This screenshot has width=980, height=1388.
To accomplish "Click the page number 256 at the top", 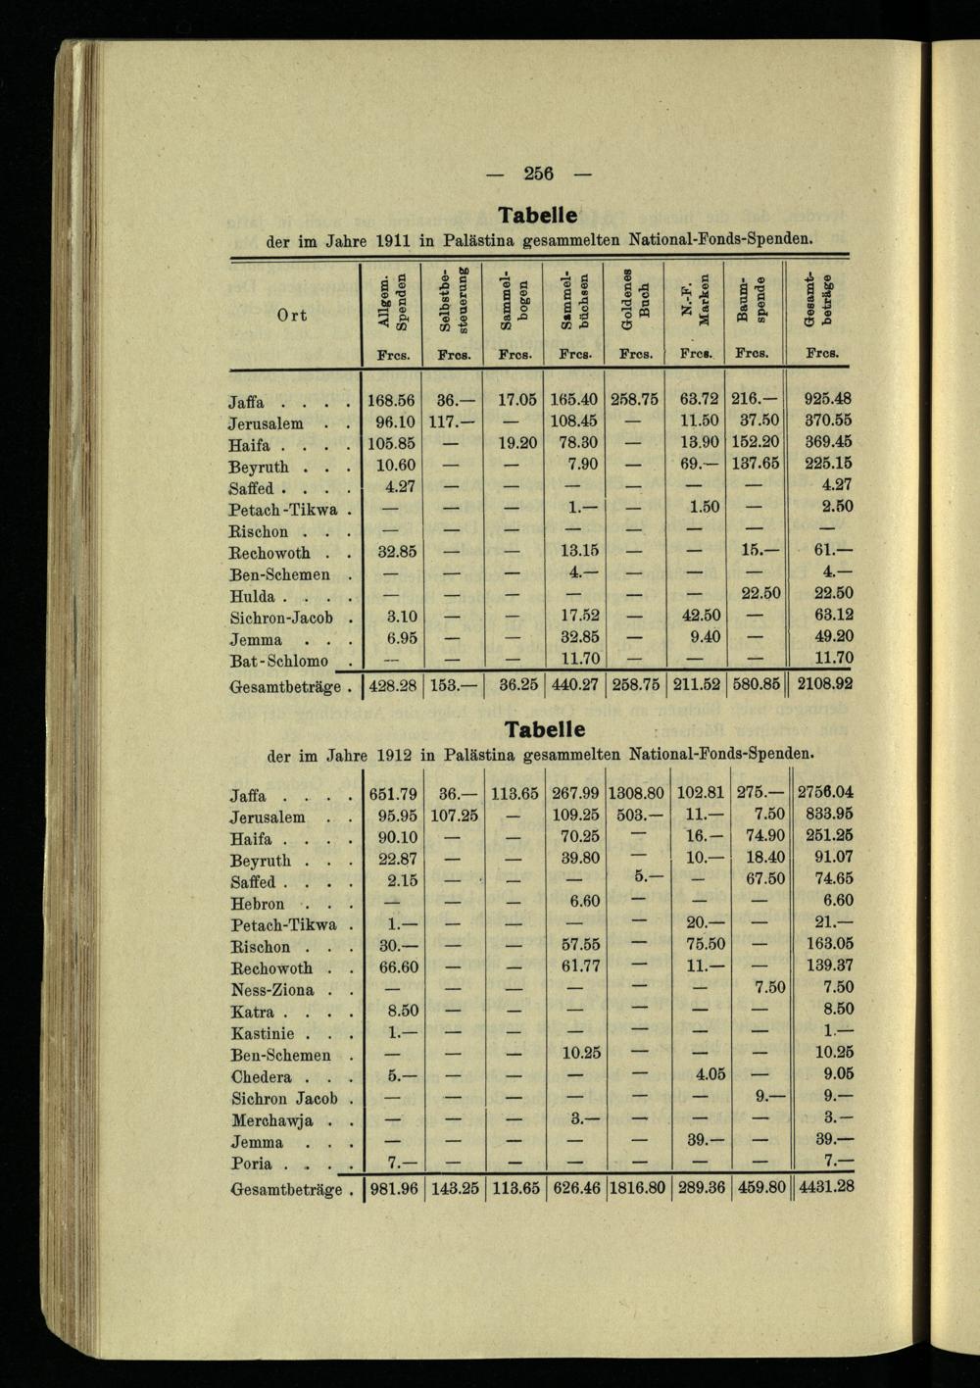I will pos(538,173).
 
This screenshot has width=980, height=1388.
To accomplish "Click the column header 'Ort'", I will pos(290,315).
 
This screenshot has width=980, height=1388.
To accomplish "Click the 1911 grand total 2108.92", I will pos(824,684).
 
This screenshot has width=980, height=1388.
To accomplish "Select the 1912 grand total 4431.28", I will pos(825,1187).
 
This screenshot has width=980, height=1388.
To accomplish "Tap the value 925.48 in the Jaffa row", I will pos(826,399).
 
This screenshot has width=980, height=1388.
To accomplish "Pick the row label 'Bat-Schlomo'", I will pos(279,661).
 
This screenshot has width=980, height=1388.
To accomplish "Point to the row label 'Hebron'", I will pos(258,904).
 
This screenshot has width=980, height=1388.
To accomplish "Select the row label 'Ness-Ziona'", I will pos(272,990).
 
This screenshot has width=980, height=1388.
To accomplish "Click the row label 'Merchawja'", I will pos(272,1120).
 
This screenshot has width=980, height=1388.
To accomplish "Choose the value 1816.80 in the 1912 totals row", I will pos(636,1187).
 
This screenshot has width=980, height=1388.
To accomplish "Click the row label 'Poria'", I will pos(253,1164).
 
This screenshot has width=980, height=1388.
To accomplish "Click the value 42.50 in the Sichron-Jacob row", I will pos(700,617).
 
